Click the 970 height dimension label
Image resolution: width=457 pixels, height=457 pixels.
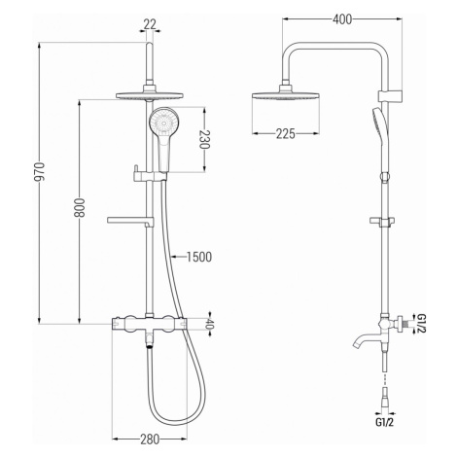(x=41, y=171)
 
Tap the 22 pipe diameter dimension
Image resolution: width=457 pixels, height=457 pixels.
(x=150, y=24)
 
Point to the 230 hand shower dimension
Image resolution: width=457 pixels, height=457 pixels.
(x=204, y=139)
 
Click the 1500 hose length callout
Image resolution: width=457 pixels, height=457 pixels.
(x=199, y=257)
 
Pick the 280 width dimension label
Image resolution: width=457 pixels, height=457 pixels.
(x=150, y=439)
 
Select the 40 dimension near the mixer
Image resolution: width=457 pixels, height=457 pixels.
(x=210, y=324)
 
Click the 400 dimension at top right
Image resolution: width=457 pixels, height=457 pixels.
(x=342, y=19)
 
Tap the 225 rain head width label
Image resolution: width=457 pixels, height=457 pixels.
(x=286, y=133)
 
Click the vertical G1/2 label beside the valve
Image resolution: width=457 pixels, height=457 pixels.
(x=420, y=324)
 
